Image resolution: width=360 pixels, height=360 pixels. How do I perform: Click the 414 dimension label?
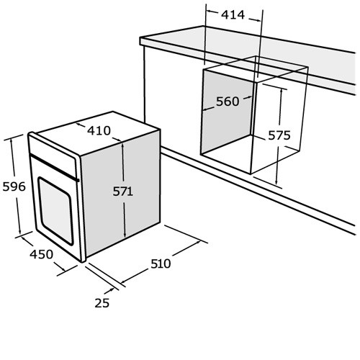coord(233,15)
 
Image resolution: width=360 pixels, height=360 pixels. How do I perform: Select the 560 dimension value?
coord(228,102)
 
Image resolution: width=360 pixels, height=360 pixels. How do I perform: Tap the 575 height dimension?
coord(279,135)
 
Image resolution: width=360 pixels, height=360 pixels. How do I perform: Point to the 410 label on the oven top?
coord(99,131)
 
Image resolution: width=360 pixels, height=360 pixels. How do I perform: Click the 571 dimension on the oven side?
coord(122,192)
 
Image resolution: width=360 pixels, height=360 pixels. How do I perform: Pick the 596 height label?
coord(14,186)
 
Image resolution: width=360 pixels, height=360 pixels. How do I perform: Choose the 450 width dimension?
coord(41,254)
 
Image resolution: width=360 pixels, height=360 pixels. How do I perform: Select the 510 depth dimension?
coord(161,264)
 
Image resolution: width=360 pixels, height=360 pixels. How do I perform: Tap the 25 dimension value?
coord(102,303)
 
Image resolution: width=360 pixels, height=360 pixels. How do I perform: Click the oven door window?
coord(55,211)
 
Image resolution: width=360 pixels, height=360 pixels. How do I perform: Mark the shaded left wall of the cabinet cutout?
coord(227,112)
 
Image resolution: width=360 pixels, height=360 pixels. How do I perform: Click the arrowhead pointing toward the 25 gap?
coord(112,289)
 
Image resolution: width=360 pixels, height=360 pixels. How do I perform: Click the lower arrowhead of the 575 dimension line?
coord(276,181)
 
